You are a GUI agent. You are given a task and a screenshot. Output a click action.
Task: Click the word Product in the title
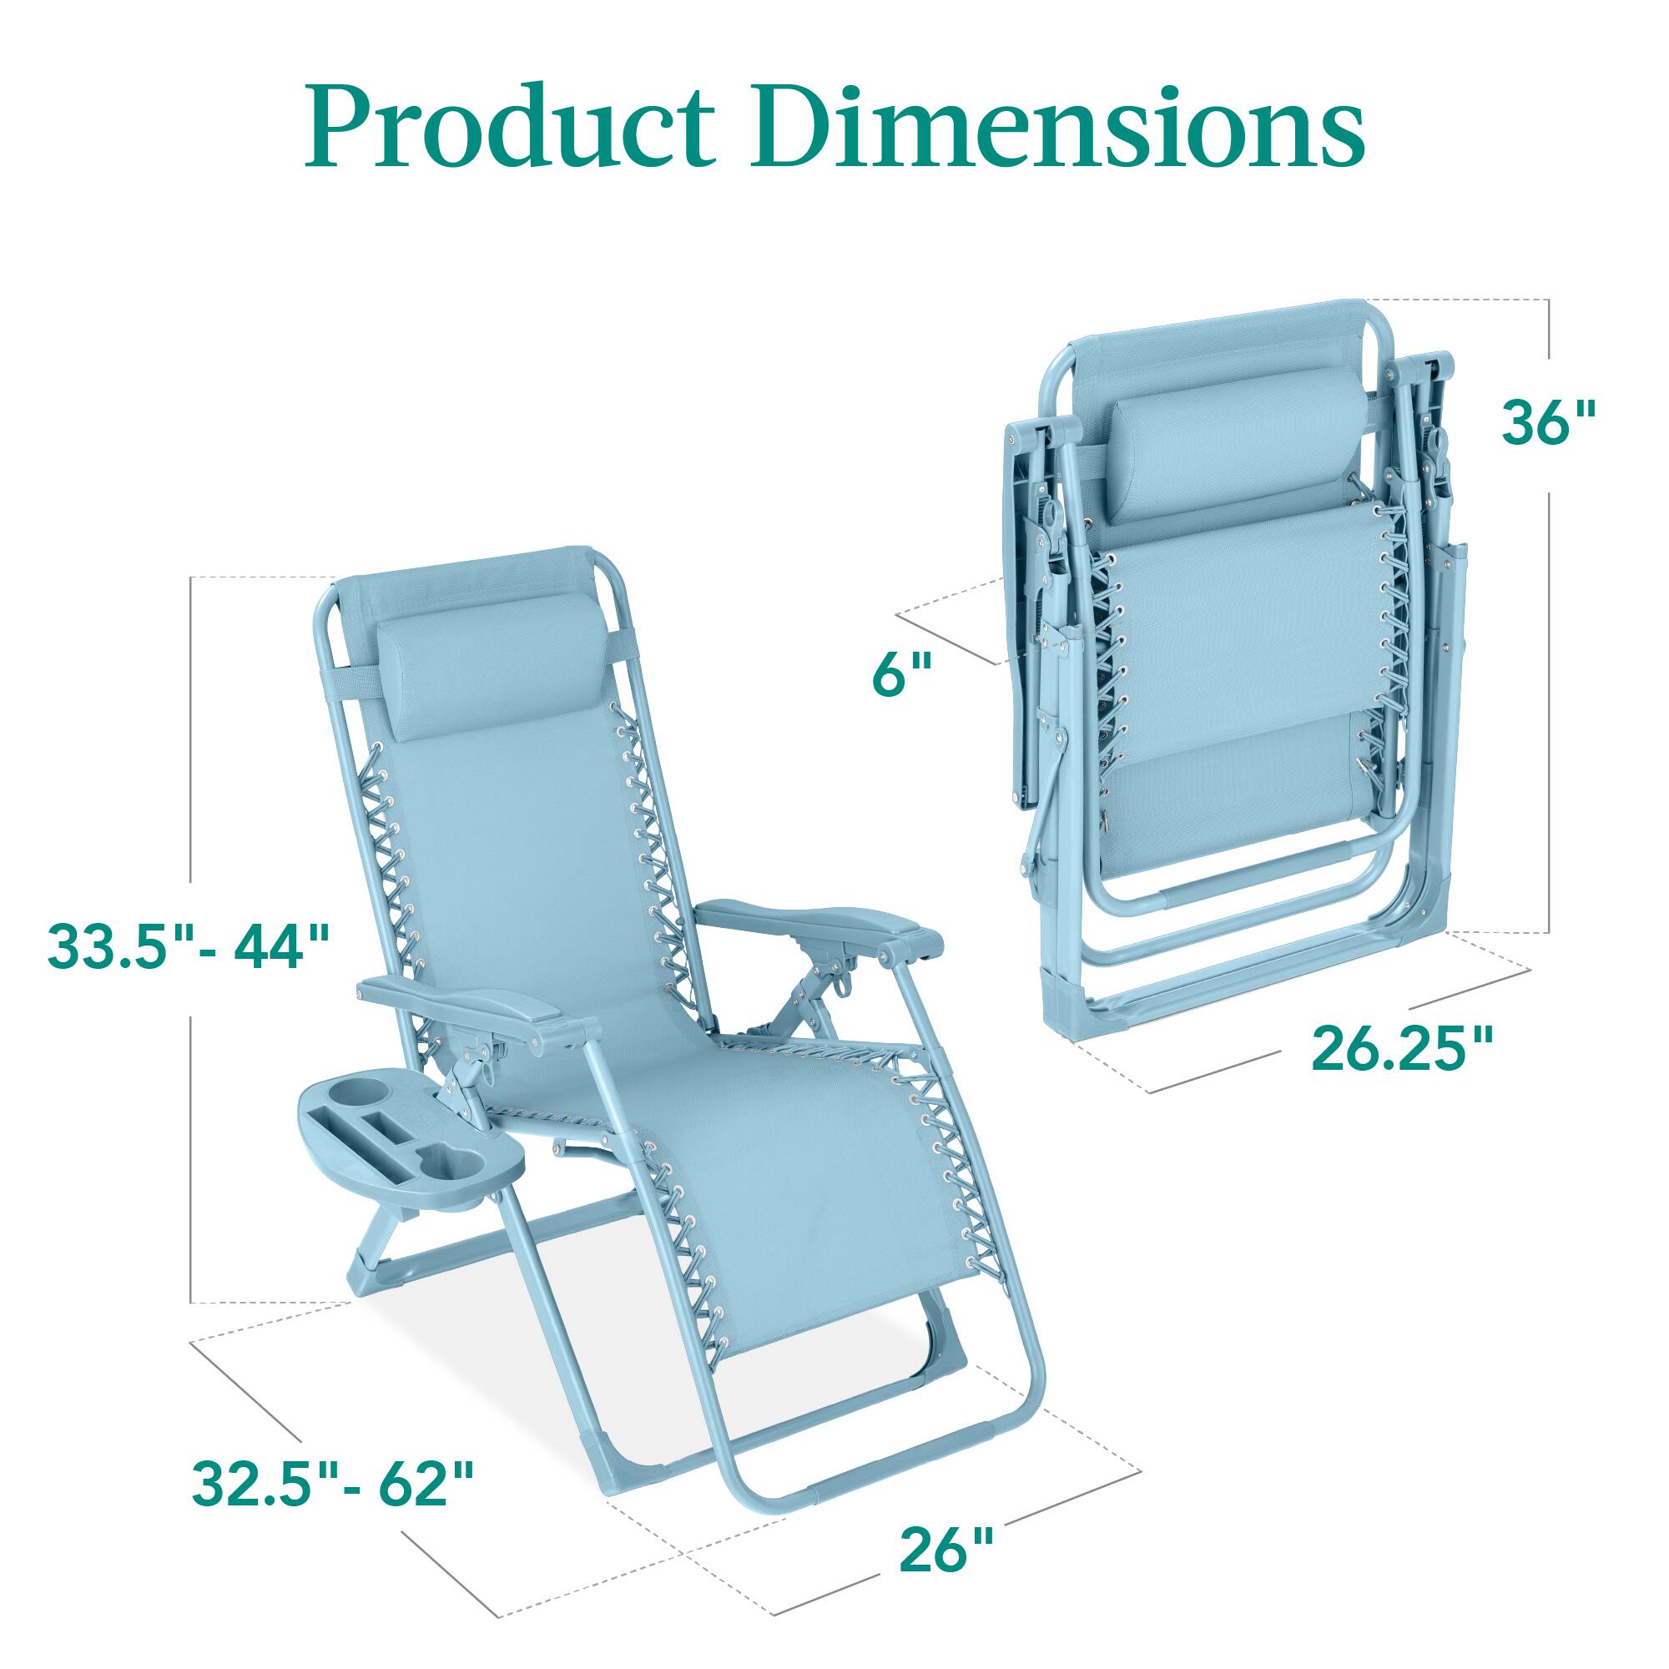tap(510, 128)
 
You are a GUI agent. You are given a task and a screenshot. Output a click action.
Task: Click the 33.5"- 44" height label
tap(189, 947)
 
